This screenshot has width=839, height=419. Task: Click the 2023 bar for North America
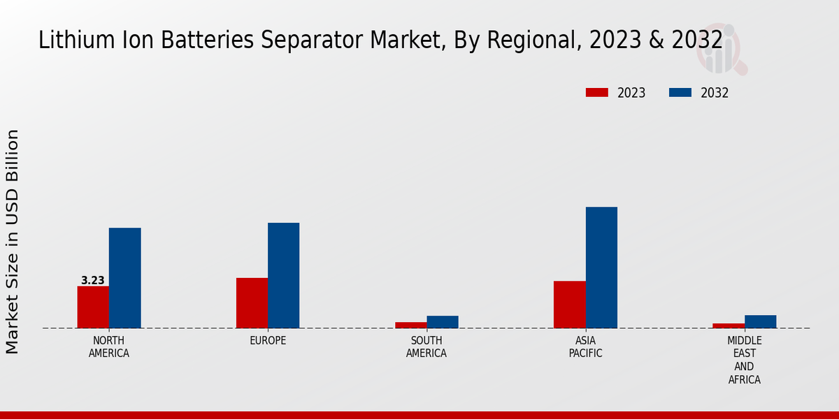pyautogui.click(x=93, y=307)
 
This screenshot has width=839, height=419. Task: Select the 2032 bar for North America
pyautogui.click(x=124, y=278)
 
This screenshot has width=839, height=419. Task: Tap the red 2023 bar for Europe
pyautogui.click(x=252, y=302)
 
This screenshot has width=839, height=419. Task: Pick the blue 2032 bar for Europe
pyautogui.click(x=283, y=275)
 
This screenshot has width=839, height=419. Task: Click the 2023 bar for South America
pyautogui.click(x=410, y=325)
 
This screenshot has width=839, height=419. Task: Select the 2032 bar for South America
pyautogui.click(x=443, y=322)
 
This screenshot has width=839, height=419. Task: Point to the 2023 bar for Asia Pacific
pyautogui.click(x=569, y=304)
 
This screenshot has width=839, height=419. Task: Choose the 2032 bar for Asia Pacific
pyautogui.click(x=601, y=267)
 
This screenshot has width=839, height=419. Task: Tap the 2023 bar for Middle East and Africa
pyautogui.click(x=729, y=325)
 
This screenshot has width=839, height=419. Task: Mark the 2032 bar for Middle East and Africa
pyautogui.click(x=760, y=321)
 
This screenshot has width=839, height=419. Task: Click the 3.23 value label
pyautogui.click(x=93, y=281)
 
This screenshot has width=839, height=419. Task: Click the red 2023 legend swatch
pyautogui.click(x=596, y=93)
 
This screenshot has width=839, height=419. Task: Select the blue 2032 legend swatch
pyautogui.click(x=680, y=93)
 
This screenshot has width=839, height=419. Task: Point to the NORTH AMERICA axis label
pyautogui.click(x=109, y=347)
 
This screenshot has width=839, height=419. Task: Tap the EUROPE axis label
pyautogui.click(x=268, y=341)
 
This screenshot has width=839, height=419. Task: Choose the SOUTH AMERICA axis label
pyautogui.click(x=426, y=347)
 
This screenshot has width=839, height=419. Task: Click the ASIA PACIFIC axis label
pyautogui.click(x=586, y=347)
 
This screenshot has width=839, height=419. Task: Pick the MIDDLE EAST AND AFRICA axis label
pyautogui.click(x=745, y=360)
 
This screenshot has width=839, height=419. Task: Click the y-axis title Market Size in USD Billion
pyautogui.click(x=13, y=241)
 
